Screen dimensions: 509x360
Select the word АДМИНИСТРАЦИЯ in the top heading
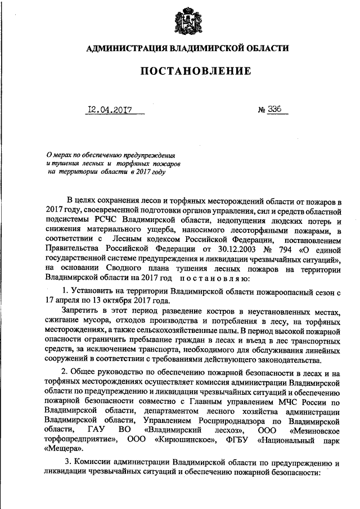(122, 49)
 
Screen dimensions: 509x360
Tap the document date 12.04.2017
(109, 111)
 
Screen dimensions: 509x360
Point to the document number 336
(276, 111)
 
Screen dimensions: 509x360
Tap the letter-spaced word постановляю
(211, 277)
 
